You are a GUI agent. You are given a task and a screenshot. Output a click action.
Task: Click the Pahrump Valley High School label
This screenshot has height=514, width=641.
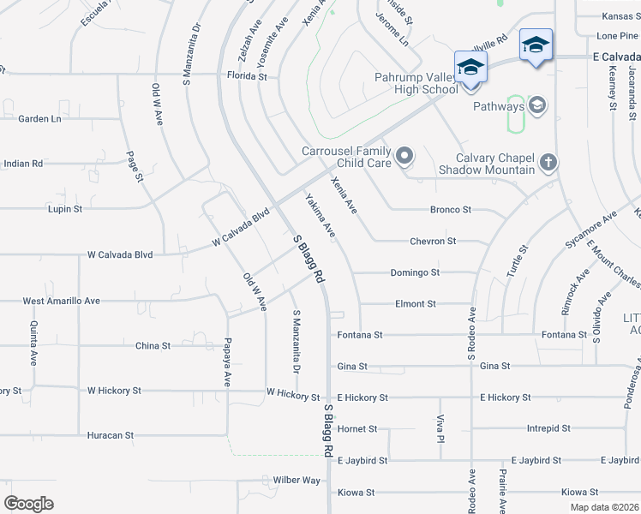[416, 83]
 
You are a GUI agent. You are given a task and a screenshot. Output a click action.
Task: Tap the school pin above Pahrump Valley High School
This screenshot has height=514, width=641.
[470, 67]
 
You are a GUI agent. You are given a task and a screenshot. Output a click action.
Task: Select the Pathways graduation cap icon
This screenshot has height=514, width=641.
[537, 106]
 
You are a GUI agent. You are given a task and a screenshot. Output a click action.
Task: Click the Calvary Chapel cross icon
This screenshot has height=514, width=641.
[548, 161]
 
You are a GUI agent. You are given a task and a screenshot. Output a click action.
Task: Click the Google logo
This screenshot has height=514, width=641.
[28, 503]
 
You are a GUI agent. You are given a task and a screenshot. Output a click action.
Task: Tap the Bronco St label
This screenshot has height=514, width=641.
[451, 209]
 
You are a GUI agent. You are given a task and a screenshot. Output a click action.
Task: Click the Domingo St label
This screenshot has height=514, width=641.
[415, 272]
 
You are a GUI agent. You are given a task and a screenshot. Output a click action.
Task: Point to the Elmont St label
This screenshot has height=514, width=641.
[416, 303]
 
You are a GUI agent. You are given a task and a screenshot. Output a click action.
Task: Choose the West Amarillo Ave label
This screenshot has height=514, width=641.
[61, 301]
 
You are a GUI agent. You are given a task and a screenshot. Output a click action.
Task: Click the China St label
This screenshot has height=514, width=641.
[153, 346]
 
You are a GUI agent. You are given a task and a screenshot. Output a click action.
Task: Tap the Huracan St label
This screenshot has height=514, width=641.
[110, 435]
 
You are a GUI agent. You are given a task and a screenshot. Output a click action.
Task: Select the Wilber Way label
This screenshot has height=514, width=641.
[297, 481]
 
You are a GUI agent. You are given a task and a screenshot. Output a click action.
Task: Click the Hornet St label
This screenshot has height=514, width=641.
[357, 428]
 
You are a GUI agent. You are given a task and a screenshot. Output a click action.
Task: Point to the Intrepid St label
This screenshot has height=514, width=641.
[548, 428]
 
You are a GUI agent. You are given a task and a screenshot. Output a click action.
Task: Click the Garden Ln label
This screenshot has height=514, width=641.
[39, 119]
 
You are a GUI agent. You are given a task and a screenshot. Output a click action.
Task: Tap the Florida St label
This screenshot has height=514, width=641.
[247, 76]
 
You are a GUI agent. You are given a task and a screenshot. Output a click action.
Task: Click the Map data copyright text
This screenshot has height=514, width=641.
[603, 507]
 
